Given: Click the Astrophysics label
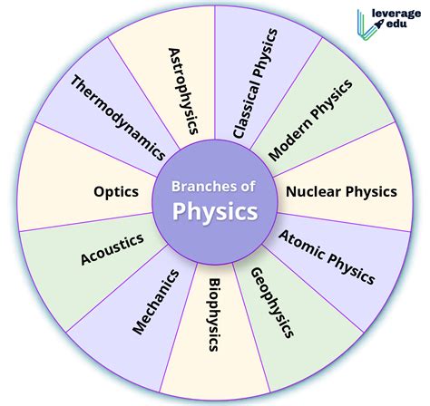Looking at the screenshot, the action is [x=183, y=91].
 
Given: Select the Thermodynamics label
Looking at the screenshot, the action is [x=118, y=118].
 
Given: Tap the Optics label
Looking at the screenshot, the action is [x=116, y=192].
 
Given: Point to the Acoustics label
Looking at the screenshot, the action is [x=112, y=249].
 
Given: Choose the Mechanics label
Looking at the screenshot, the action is [x=156, y=302].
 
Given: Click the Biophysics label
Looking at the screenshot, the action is [x=214, y=314].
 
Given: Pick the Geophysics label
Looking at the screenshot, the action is [x=272, y=303].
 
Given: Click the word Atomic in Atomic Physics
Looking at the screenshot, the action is [x=301, y=245].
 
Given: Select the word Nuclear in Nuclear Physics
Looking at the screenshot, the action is [x=314, y=191].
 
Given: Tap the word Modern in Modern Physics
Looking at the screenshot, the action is [x=290, y=140].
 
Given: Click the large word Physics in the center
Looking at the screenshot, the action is [x=215, y=211].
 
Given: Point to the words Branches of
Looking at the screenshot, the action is [x=213, y=187].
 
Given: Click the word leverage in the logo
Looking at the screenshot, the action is [x=396, y=14].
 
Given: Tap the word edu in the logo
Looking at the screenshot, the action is [x=396, y=24].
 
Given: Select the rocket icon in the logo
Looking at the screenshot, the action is [x=379, y=24].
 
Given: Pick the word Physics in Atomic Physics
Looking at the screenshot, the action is [x=351, y=268].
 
